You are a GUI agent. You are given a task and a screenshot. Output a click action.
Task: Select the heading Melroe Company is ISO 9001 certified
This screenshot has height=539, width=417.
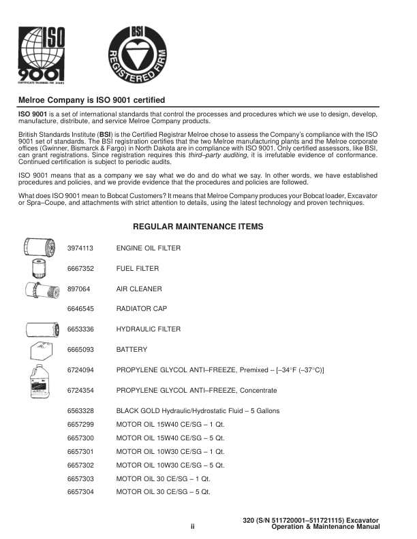(x=91, y=100)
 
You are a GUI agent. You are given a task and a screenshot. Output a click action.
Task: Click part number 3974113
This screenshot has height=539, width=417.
(x=80, y=248)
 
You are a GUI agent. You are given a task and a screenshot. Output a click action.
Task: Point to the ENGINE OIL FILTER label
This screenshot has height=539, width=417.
(x=149, y=248)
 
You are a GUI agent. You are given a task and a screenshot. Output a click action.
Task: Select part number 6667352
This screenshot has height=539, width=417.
(x=80, y=269)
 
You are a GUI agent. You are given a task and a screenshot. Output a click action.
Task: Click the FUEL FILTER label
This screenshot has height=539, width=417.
(x=138, y=269)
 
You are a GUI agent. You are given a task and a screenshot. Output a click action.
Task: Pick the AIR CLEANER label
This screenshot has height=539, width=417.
(x=139, y=289)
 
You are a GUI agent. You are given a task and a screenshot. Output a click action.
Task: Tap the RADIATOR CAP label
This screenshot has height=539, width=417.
(x=142, y=309)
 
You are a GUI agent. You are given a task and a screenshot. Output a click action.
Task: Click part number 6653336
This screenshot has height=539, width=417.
(x=80, y=329)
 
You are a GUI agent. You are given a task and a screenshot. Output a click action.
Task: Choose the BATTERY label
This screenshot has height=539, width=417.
(x=132, y=350)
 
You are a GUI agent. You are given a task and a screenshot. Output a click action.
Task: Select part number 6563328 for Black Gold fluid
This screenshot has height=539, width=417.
(x=80, y=411)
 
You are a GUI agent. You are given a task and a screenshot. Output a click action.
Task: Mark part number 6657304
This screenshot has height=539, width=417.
(x=80, y=491)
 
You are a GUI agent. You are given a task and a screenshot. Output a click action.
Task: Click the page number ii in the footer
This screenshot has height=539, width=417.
(x=193, y=527)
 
